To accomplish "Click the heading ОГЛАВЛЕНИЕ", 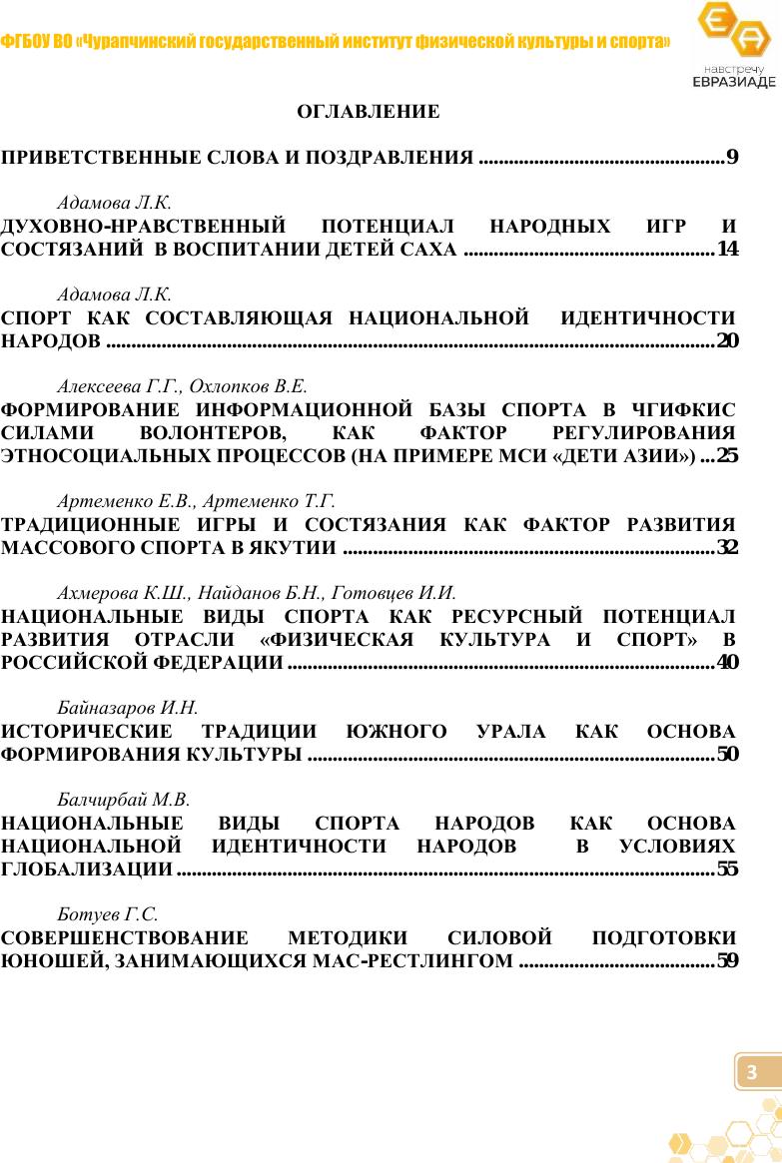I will pyautogui.click(x=369, y=112).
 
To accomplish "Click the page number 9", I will pyautogui.click(x=732, y=157).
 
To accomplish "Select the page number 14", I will pyautogui.click(x=728, y=249).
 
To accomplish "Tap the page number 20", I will pyautogui.click(x=728, y=342).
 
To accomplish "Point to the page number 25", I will pyautogui.click(x=728, y=457).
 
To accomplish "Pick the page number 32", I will pyautogui.click(x=728, y=547).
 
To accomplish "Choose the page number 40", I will pyautogui.click(x=728, y=662).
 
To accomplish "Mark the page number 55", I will pyautogui.click(x=728, y=869).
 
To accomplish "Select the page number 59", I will pyautogui.click(x=728, y=961).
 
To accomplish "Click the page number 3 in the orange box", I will pyautogui.click(x=753, y=1072).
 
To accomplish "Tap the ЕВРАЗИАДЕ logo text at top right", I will pyautogui.click(x=733, y=81).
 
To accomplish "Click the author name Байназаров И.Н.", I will pyautogui.click(x=128, y=709).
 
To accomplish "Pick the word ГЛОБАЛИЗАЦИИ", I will pyautogui.click(x=87, y=870).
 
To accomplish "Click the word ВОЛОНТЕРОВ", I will pyautogui.click(x=213, y=434).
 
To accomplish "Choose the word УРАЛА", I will pyautogui.click(x=511, y=732).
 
